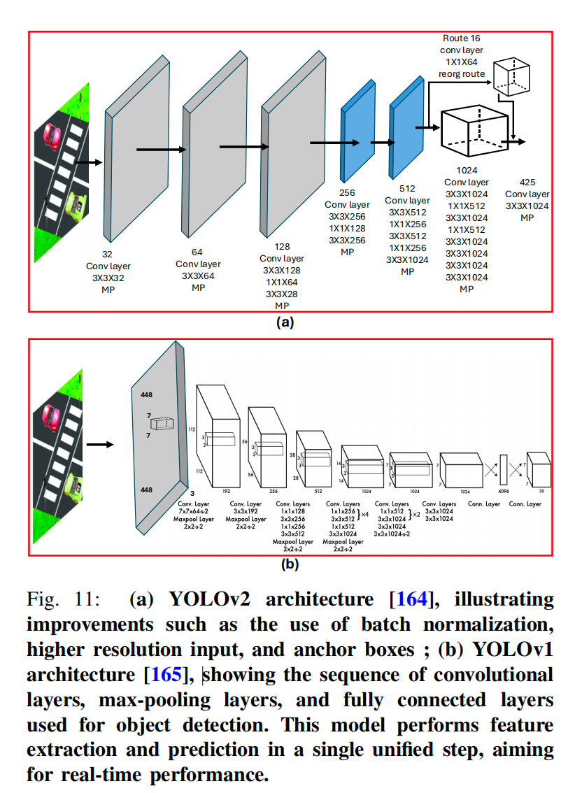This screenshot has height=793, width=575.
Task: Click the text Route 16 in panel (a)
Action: [x=461, y=38]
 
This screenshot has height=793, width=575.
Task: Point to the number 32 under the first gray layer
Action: [x=108, y=255]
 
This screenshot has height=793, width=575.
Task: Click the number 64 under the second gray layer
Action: [x=197, y=252]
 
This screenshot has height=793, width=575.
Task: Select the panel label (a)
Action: [x=284, y=322]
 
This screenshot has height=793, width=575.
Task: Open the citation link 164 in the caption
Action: [x=408, y=599]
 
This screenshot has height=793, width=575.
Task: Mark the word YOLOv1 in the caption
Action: [x=513, y=650]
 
